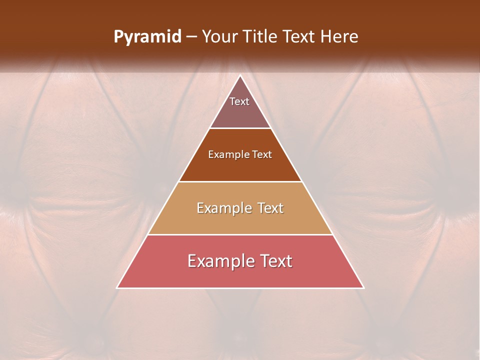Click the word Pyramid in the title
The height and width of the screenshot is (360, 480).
tap(147, 37)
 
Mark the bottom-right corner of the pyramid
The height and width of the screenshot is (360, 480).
tap(363, 287)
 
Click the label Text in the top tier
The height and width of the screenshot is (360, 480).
tap(239, 101)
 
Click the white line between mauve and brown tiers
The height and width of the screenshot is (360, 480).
tap(240, 128)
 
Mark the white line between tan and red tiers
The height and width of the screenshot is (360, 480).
tap(240, 234)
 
